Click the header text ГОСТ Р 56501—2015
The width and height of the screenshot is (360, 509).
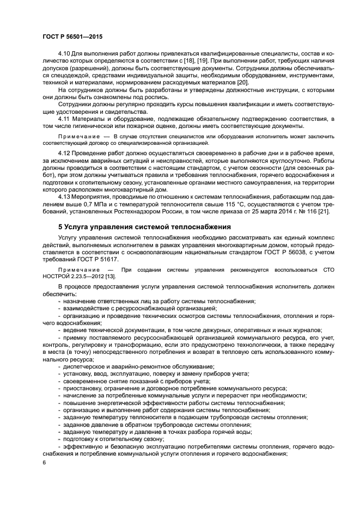pyautogui.click(x=72, y=36)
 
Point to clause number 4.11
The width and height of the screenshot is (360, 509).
pyautogui.click(x=65, y=118)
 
